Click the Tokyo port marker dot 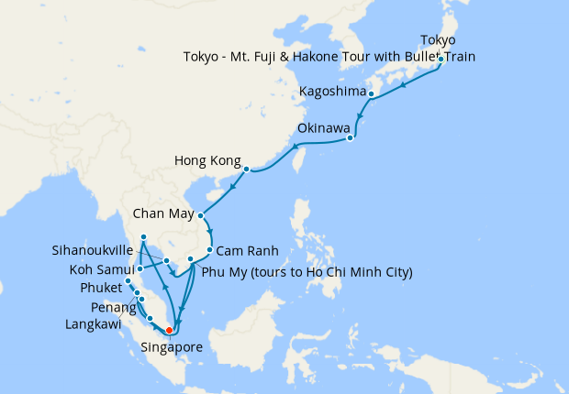point(441,59)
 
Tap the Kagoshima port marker point(371,93)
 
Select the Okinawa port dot point(351,139)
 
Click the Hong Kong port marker point(247,169)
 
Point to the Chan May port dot point(201,216)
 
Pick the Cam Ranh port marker point(210,250)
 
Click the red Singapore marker point(169,331)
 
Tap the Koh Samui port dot point(139,269)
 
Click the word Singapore point(172,347)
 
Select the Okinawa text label point(322,128)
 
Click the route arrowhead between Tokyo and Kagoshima point(405,84)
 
